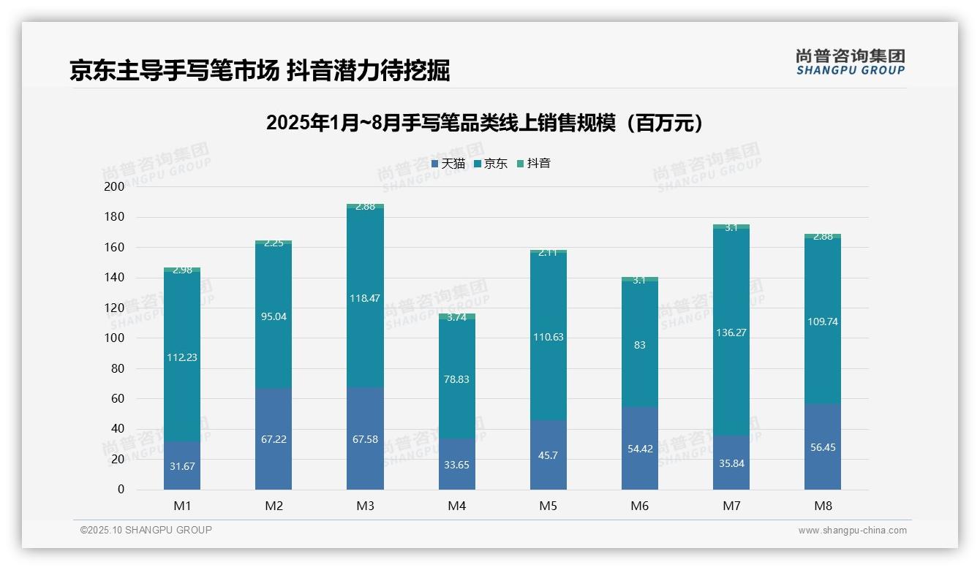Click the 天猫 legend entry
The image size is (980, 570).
[448, 164]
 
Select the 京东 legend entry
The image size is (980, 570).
[491, 164]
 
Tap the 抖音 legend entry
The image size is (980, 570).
[534, 164]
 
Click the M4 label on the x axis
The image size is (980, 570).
[456, 506]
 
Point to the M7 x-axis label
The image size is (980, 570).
[731, 506]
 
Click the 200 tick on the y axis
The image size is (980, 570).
[115, 186]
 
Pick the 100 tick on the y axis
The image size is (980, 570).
[115, 338]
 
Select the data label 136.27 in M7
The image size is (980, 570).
[731, 332]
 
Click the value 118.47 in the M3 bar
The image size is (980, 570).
[365, 299]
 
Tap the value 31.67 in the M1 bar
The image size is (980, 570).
[182, 466]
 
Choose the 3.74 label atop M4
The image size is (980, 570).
[456, 317]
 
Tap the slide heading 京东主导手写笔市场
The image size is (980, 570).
[259, 70]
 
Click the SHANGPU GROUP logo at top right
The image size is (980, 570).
[850, 62]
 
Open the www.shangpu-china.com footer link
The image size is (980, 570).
[852, 531]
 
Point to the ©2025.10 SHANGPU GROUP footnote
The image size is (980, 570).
[146, 530]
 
